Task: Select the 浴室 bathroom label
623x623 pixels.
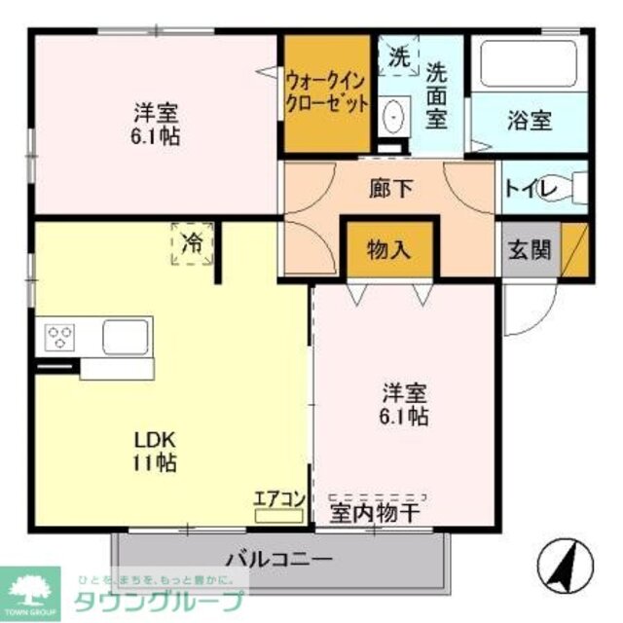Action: (x=530, y=122)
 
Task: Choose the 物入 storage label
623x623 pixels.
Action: (x=388, y=250)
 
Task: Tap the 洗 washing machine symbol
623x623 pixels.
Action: (x=399, y=55)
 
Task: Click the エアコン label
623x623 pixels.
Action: (x=280, y=498)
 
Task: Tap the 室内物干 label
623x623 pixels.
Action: (x=375, y=512)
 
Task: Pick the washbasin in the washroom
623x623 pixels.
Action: (x=392, y=118)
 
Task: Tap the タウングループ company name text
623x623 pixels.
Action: (x=155, y=601)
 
